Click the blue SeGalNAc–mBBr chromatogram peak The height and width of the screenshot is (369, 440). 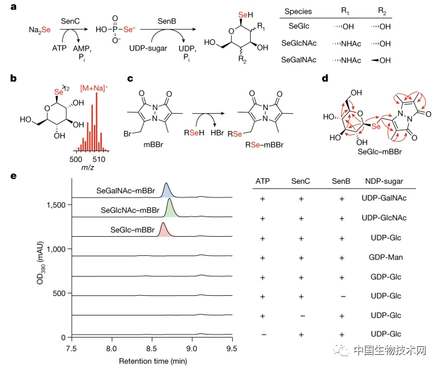[x=167, y=191]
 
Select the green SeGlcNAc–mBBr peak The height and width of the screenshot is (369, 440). [x=170, y=210]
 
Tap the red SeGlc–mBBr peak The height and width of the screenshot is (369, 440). [x=163, y=231]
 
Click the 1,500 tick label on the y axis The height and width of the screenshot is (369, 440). [x=56, y=205]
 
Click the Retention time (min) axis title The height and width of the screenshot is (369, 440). [x=153, y=361]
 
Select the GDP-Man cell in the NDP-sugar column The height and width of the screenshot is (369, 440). [x=385, y=257]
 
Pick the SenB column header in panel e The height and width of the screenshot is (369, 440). [x=341, y=181]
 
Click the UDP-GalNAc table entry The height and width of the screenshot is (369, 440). [x=384, y=198]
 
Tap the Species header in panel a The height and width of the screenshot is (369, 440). [x=298, y=11]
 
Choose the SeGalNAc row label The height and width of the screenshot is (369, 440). [x=299, y=60]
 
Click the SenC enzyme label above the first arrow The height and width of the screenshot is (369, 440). [x=70, y=21]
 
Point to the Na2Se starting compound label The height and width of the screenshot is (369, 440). [x=39, y=30]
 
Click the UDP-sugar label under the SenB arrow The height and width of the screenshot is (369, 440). [x=148, y=49]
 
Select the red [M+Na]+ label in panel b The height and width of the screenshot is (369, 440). [x=94, y=88]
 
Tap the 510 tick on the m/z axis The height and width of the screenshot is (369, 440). [x=99, y=159]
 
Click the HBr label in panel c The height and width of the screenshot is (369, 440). [x=217, y=133]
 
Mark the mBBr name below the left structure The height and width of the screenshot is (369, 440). [x=153, y=145]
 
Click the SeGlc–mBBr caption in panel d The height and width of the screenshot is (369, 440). [x=379, y=152]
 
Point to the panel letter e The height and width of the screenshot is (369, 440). [x=13, y=177]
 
